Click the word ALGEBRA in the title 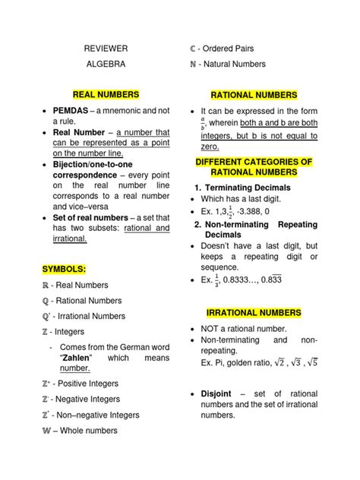click(106, 65)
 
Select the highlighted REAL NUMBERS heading click(106, 94)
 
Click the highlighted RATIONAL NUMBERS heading click(254, 95)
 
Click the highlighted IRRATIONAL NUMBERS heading click(254, 312)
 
